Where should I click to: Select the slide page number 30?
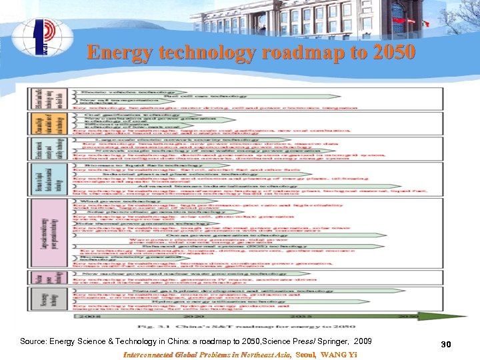[446, 344]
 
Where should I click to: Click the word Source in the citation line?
[34, 341]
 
